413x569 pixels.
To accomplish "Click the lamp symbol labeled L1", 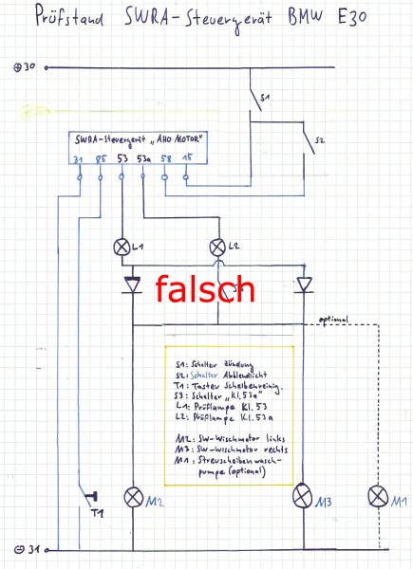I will coord(122,248).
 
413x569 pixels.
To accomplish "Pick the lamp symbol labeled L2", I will coord(220,248).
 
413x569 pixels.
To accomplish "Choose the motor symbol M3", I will coord(302,496).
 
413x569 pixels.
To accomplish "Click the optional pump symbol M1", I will coord(378,496).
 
